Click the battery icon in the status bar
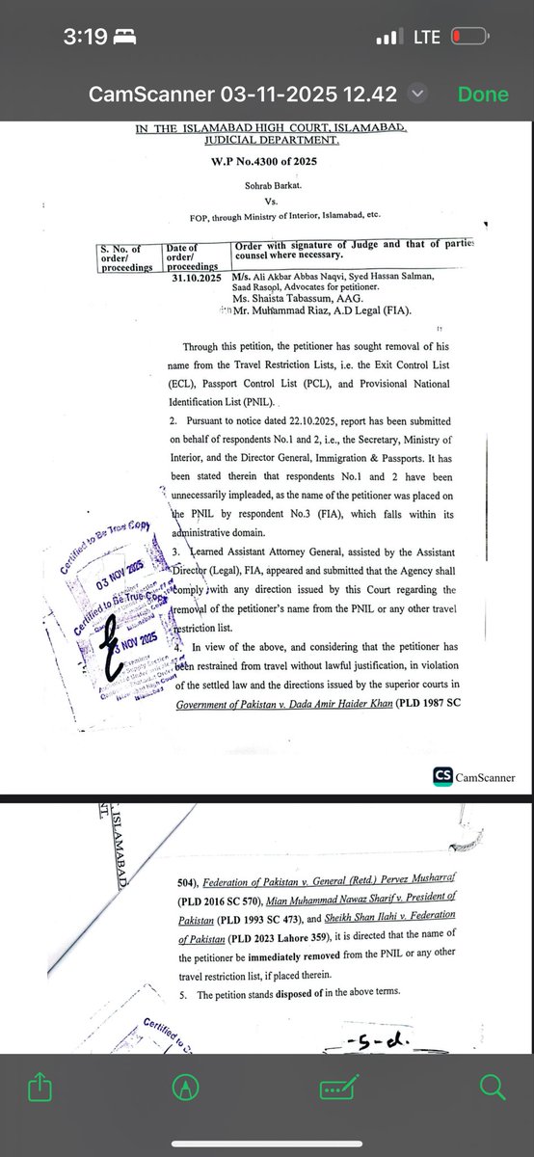(x=467, y=37)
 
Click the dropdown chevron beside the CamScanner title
(x=416, y=94)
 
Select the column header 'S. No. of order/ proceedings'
(x=129, y=257)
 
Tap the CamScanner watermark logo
(x=473, y=777)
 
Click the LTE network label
(x=426, y=37)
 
